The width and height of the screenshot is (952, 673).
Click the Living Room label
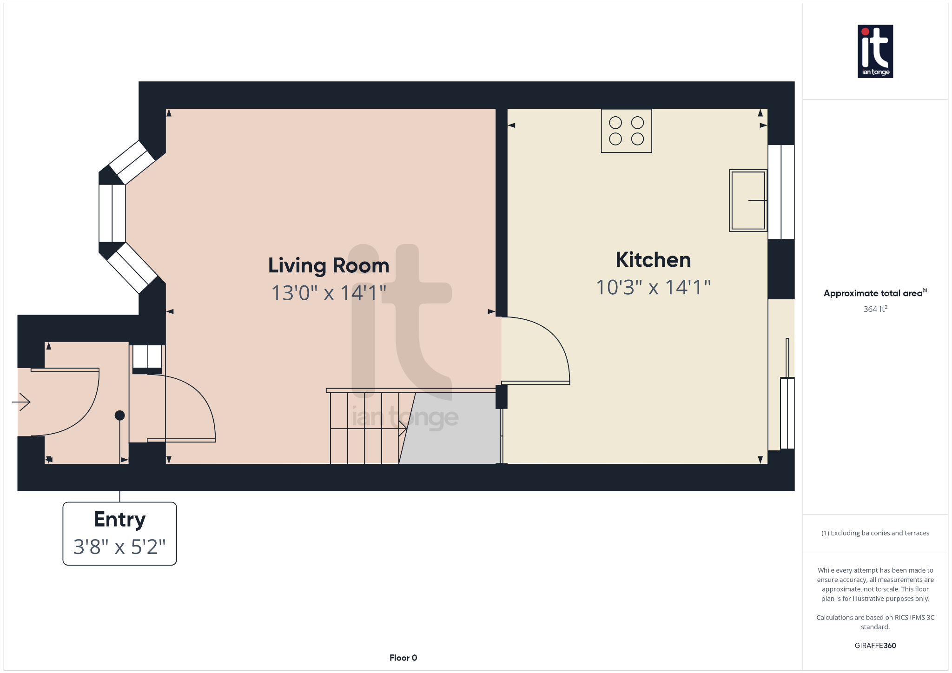point(328,265)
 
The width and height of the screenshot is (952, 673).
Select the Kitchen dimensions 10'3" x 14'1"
point(653,287)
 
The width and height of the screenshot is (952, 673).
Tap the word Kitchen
point(653,260)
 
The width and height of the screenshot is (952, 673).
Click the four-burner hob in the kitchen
point(626,131)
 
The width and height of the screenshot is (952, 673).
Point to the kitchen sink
point(747,200)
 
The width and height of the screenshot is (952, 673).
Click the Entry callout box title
point(119,519)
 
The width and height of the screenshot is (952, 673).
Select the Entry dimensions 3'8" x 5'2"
point(119,547)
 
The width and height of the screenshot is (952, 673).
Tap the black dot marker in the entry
point(119,416)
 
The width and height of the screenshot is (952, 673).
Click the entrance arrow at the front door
point(21,402)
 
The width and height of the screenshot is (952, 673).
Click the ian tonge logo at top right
point(875,51)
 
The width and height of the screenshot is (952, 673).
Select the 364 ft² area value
point(875,309)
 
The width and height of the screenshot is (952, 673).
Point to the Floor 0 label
point(403,658)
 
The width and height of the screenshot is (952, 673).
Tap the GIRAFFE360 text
point(875,646)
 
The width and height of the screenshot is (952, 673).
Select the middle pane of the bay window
point(112,213)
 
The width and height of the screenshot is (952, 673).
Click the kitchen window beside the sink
point(781,191)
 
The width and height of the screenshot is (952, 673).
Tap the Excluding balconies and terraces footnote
point(875,533)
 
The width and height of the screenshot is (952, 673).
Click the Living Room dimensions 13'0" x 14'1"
point(328,293)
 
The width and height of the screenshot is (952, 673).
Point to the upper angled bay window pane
point(132,162)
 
